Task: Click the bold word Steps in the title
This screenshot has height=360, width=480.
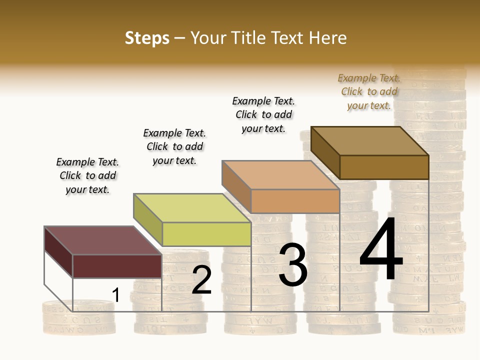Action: (x=147, y=38)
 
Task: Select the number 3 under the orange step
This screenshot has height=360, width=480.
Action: (x=293, y=264)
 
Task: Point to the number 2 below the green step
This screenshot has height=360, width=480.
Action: (x=202, y=280)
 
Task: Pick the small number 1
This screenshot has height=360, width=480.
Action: (x=116, y=295)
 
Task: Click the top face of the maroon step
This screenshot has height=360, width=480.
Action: (x=103, y=240)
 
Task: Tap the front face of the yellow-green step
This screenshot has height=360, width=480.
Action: (x=206, y=234)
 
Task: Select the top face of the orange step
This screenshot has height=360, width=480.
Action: (x=280, y=175)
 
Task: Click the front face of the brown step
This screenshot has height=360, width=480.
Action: (x=384, y=167)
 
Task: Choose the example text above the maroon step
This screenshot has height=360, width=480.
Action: (x=87, y=175)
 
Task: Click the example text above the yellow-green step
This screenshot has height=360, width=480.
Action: (x=174, y=146)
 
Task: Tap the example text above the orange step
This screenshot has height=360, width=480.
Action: (x=263, y=114)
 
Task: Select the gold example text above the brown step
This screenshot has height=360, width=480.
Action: (x=369, y=91)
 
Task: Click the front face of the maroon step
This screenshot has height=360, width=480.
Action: (x=117, y=266)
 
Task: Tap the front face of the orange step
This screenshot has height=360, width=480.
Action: (x=295, y=201)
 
